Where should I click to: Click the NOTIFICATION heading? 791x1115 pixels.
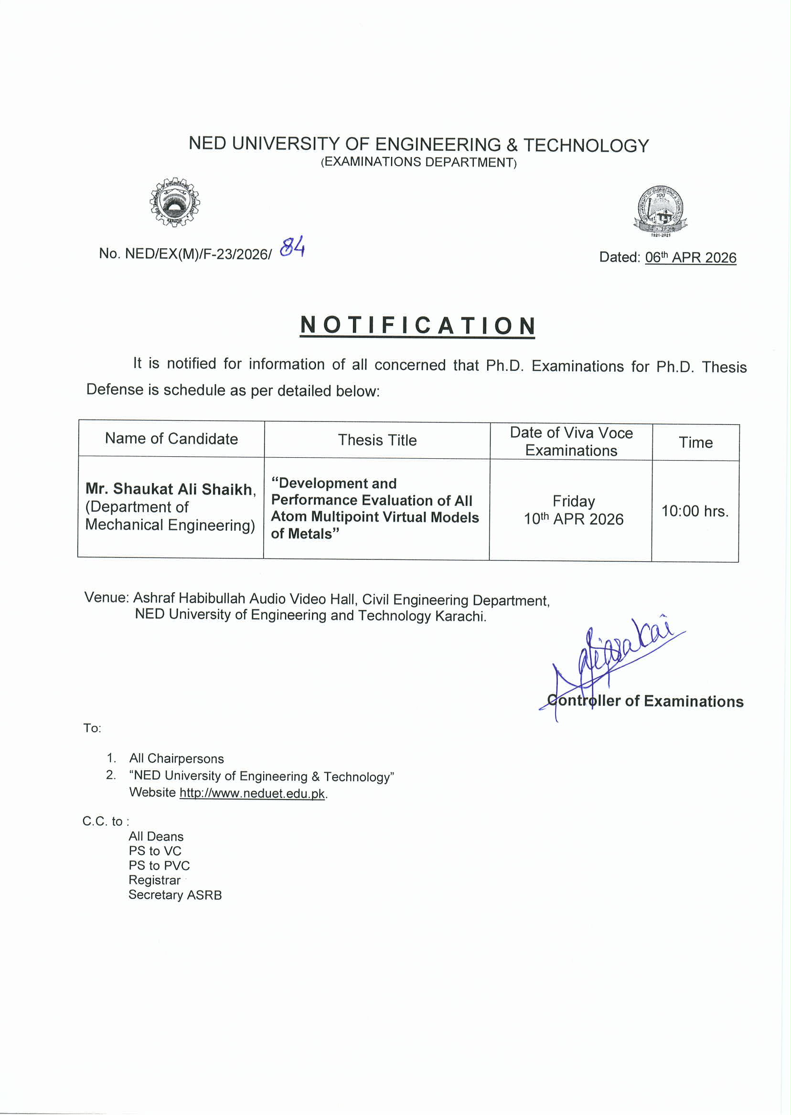417,326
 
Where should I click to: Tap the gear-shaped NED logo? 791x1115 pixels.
175,202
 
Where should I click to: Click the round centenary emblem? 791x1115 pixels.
660,211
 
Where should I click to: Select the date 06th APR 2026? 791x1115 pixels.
690,257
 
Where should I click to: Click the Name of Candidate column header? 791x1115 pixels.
171,439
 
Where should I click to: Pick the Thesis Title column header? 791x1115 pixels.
377,441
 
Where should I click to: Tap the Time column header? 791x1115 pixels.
695,443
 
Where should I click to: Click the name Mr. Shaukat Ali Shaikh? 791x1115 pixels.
171,489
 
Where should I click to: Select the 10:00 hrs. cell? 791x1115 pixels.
695,512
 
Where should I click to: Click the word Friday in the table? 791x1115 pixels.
573,501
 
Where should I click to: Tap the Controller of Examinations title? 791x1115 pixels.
645,701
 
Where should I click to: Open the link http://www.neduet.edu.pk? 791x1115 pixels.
252,793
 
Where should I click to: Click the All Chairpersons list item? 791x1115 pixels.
176,759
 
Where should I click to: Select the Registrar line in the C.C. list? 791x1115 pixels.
154,880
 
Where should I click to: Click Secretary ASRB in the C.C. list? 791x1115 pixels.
175,895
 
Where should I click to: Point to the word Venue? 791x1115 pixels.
106,598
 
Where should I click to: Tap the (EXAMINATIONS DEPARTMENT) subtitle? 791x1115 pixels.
418,162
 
